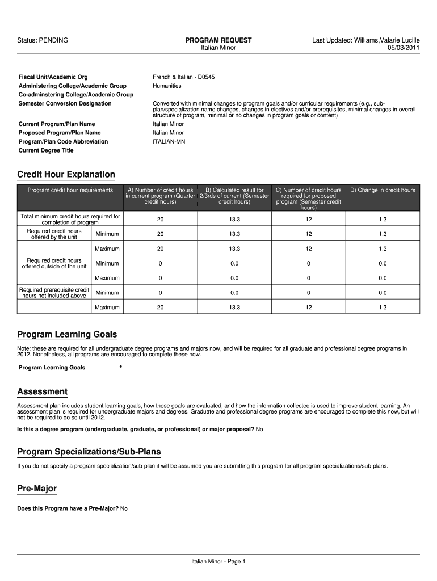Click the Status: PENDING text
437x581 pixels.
coord(43,40)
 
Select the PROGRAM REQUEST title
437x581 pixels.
coord(218,40)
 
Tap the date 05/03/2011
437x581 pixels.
coord(404,48)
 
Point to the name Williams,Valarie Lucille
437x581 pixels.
coord(386,40)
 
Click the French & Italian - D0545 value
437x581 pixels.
coord(184,77)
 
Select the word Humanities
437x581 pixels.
coord(167,86)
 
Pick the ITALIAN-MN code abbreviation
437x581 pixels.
coord(169,141)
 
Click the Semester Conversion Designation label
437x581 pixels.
coord(65,103)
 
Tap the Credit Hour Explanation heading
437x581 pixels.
coord(66,175)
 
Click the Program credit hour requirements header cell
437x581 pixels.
coord(70,190)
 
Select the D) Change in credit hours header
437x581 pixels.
coord(383,190)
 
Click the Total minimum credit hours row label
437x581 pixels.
coord(70,220)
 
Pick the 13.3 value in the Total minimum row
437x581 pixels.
coord(234,220)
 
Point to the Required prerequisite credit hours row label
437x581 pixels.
coord(54,293)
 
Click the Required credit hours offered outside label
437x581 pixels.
coord(54,263)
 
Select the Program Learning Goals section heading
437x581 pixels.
coord(67,335)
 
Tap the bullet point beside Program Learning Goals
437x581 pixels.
coord(121,367)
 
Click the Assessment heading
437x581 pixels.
coord(43,392)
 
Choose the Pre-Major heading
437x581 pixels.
coord(37,489)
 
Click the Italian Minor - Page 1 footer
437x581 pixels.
coord(218,562)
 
